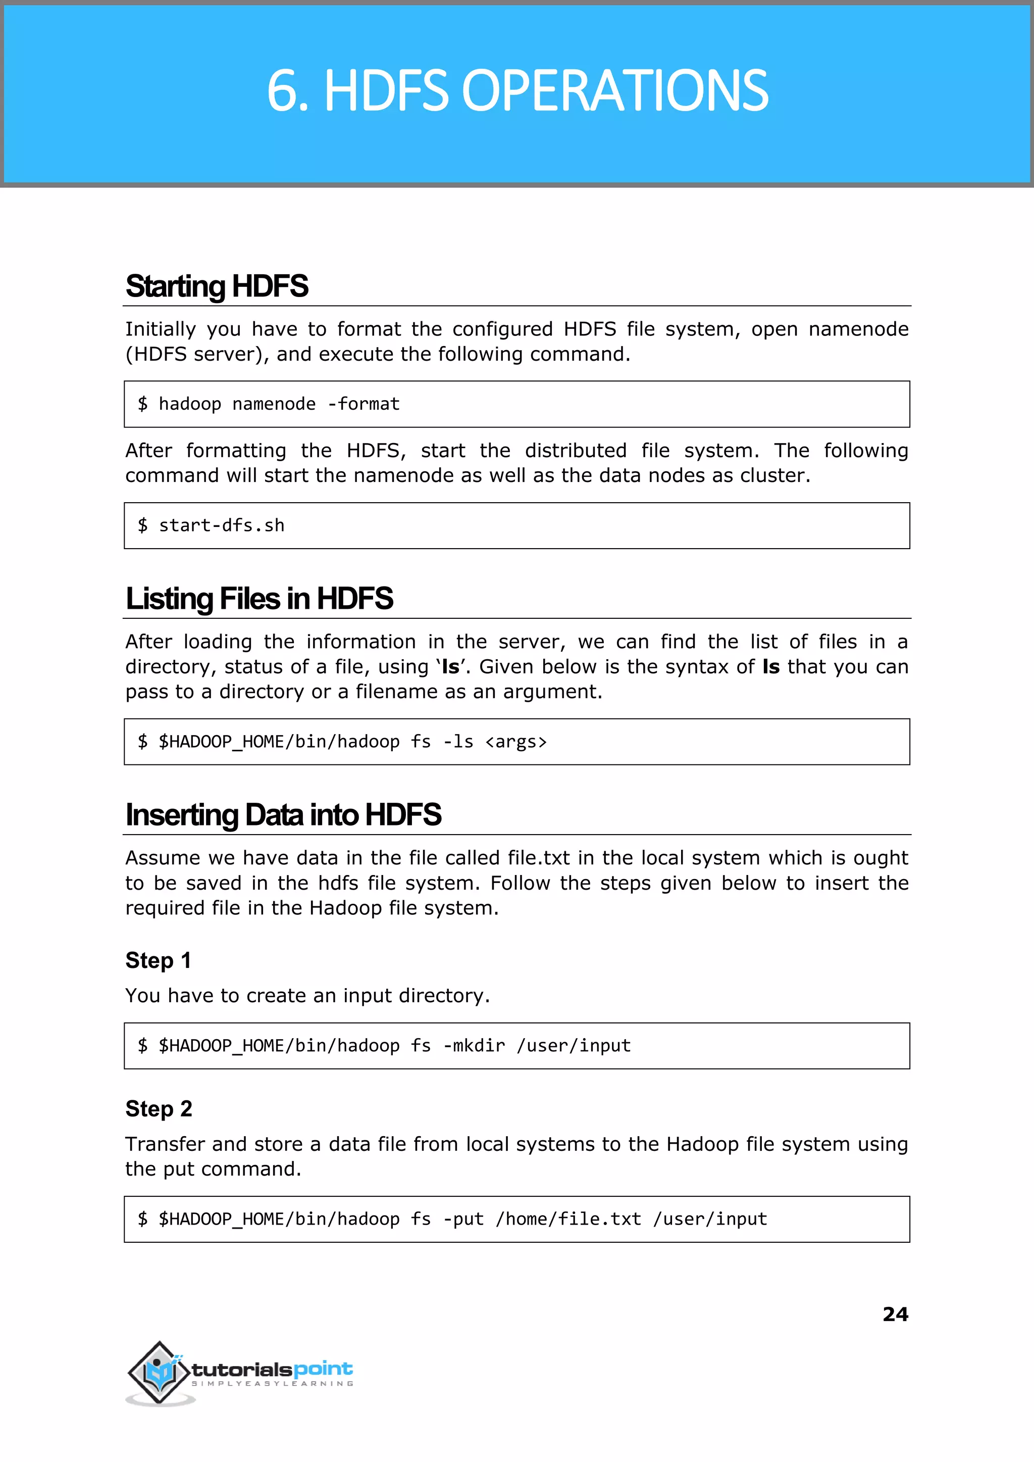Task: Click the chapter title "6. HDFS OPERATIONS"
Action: (517, 90)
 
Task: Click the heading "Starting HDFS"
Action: (217, 286)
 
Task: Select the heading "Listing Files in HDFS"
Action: (259, 599)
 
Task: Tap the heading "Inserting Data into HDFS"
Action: (283, 815)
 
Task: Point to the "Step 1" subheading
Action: (158, 960)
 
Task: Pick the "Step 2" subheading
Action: (159, 1108)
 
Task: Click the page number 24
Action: (895, 1313)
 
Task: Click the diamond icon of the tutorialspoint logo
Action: (159, 1372)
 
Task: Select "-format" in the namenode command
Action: (364, 404)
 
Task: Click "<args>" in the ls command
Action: (515, 742)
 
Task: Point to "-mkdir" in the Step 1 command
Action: (474, 1045)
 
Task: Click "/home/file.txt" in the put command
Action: (568, 1219)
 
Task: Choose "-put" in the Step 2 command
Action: (463, 1219)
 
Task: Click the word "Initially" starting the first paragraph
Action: (161, 329)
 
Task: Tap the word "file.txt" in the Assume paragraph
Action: (539, 858)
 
